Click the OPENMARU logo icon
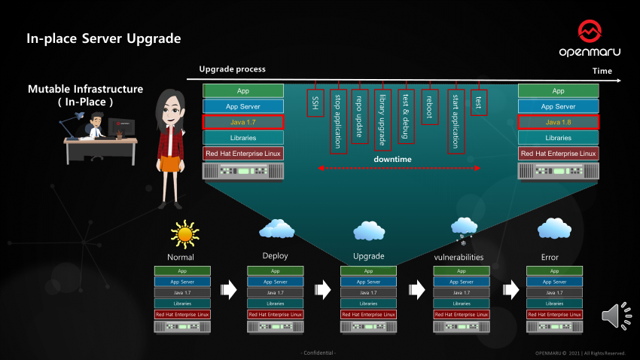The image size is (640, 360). pos(590,32)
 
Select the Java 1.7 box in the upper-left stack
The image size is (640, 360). pos(242,122)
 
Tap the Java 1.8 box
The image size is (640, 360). pos(559,122)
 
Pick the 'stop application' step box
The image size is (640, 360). pos(338,120)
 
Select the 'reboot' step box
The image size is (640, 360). pos(430,105)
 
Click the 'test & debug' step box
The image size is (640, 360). pos(407,116)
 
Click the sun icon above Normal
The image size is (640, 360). pos(184,233)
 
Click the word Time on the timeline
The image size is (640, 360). pos(602,71)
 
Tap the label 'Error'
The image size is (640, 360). pos(550,257)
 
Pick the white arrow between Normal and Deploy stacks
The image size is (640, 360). pos(227,290)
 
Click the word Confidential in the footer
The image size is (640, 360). pos(318,352)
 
